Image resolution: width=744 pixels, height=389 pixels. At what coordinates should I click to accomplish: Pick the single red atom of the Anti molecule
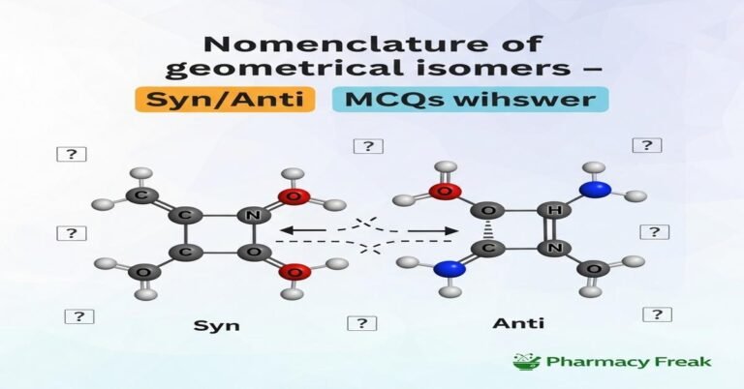pos(445,193)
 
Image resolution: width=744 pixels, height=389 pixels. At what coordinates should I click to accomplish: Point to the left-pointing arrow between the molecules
pos(308,230)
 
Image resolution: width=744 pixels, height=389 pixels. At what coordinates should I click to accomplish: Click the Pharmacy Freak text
pos(628,362)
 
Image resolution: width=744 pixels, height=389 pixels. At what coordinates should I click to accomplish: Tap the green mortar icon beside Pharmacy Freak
pos(524,362)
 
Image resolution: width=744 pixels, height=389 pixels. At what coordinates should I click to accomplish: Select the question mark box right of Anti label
pos(658,314)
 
